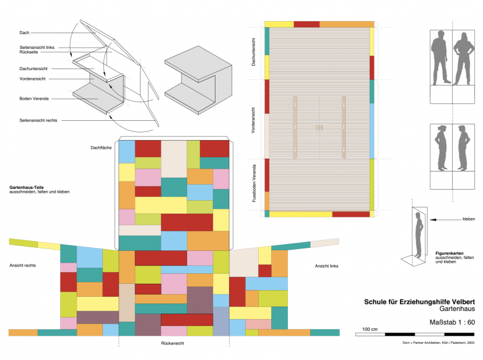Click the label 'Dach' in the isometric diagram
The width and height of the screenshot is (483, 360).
[x=24, y=32]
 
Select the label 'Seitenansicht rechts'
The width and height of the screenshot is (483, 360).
[x=38, y=120]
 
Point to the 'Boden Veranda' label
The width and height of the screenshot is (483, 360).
[x=34, y=99]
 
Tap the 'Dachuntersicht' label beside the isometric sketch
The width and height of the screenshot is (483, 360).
[x=33, y=68]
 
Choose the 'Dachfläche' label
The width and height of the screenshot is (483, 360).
[x=101, y=147]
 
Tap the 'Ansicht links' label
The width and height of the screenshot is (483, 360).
[x=327, y=265]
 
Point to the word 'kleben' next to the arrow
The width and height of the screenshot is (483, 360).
[x=469, y=219]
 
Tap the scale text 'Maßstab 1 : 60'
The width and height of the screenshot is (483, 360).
[x=452, y=322]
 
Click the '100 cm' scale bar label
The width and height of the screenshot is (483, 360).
[x=370, y=328]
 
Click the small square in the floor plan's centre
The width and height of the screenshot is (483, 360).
[x=319, y=128]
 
